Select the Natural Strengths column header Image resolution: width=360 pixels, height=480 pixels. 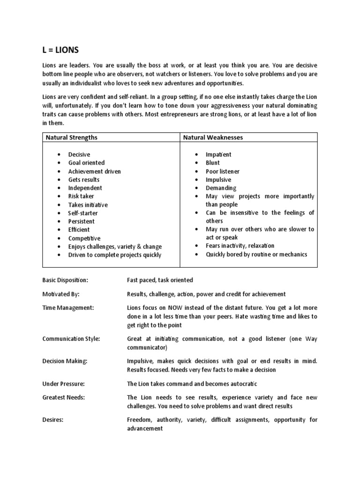click(71, 137)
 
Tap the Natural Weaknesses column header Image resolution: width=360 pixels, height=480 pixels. click(213, 137)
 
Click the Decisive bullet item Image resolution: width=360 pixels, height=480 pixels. click(79, 154)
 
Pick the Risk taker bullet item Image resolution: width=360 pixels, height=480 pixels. click(81, 196)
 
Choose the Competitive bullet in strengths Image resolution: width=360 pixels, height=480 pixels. click(84, 238)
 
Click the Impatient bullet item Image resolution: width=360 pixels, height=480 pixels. click(218, 154)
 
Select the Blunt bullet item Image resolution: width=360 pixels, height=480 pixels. click(212, 163)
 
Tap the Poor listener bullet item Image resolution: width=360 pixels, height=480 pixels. click(222, 171)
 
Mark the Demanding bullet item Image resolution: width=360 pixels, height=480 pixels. click(221, 188)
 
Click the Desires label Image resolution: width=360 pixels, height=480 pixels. click(53, 420)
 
